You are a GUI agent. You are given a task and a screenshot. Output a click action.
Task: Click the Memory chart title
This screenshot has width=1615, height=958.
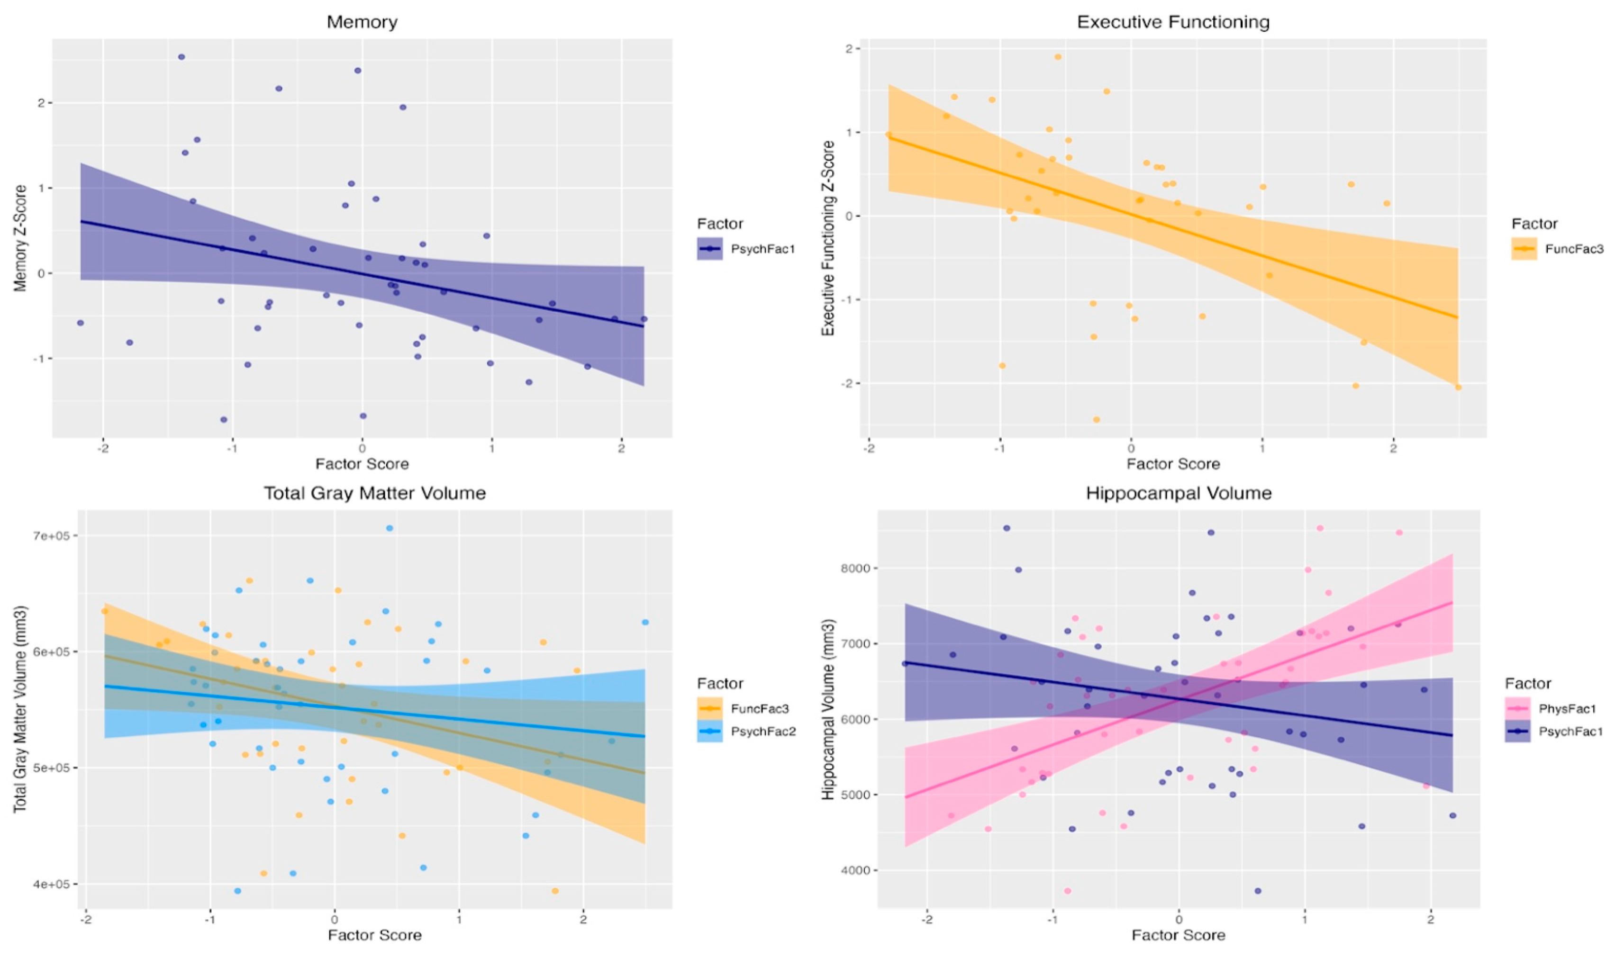[x=362, y=22]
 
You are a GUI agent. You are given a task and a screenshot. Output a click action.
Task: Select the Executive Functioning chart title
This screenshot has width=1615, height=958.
[x=1173, y=22]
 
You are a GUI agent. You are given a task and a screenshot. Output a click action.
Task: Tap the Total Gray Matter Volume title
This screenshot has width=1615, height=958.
[x=374, y=493]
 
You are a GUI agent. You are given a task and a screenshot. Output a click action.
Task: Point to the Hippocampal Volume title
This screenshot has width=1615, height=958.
[x=1179, y=493]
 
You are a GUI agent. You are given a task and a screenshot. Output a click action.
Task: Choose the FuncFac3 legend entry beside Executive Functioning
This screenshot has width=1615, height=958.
[x=1574, y=249]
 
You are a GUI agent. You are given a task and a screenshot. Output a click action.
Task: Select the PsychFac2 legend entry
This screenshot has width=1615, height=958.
[x=762, y=732]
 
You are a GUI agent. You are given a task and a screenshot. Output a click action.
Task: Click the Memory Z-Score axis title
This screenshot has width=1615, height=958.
[x=21, y=238]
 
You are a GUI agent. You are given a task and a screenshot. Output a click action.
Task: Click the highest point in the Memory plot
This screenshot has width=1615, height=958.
[x=181, y=57]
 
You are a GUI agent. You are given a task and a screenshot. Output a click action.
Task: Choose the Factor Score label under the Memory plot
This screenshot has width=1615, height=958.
[x=362, y=463]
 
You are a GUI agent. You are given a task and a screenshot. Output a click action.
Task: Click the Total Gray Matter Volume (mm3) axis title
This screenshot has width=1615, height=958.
[x=21, y=709]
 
